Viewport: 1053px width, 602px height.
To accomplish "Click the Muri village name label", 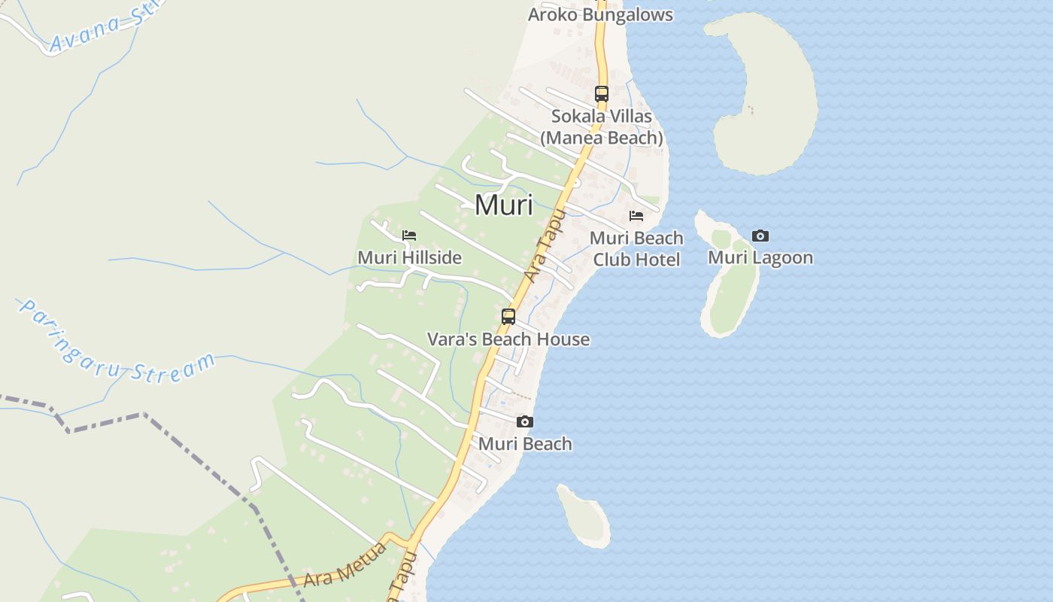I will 504,204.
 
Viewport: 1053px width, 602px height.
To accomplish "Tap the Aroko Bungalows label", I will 600,14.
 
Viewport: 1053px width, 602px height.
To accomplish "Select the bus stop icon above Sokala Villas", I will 602,94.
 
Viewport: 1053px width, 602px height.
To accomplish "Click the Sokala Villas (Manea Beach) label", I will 602,127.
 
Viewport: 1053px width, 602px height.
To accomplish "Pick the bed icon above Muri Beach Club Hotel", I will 636,216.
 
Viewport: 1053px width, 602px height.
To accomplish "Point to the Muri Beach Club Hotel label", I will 636,249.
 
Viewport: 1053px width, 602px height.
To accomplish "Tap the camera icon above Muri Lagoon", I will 760,236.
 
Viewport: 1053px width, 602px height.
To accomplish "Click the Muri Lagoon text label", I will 760,258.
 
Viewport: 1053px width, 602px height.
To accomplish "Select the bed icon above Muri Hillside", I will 409,236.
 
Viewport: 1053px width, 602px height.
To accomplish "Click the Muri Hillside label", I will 409,257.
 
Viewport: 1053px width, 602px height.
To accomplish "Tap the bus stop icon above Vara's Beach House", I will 508,317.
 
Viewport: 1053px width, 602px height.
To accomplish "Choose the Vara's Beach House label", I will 508,339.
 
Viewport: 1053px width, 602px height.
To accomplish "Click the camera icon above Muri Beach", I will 525,422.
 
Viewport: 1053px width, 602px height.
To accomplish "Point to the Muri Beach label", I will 525,444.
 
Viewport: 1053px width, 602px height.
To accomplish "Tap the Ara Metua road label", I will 345,564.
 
